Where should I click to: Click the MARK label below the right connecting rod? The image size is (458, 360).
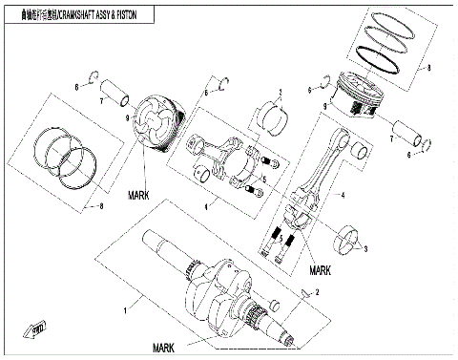[x=318, y=270]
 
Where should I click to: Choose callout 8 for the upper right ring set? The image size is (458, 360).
[x=429, y=68]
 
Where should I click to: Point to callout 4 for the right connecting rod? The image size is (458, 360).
[x=343, y=195]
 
